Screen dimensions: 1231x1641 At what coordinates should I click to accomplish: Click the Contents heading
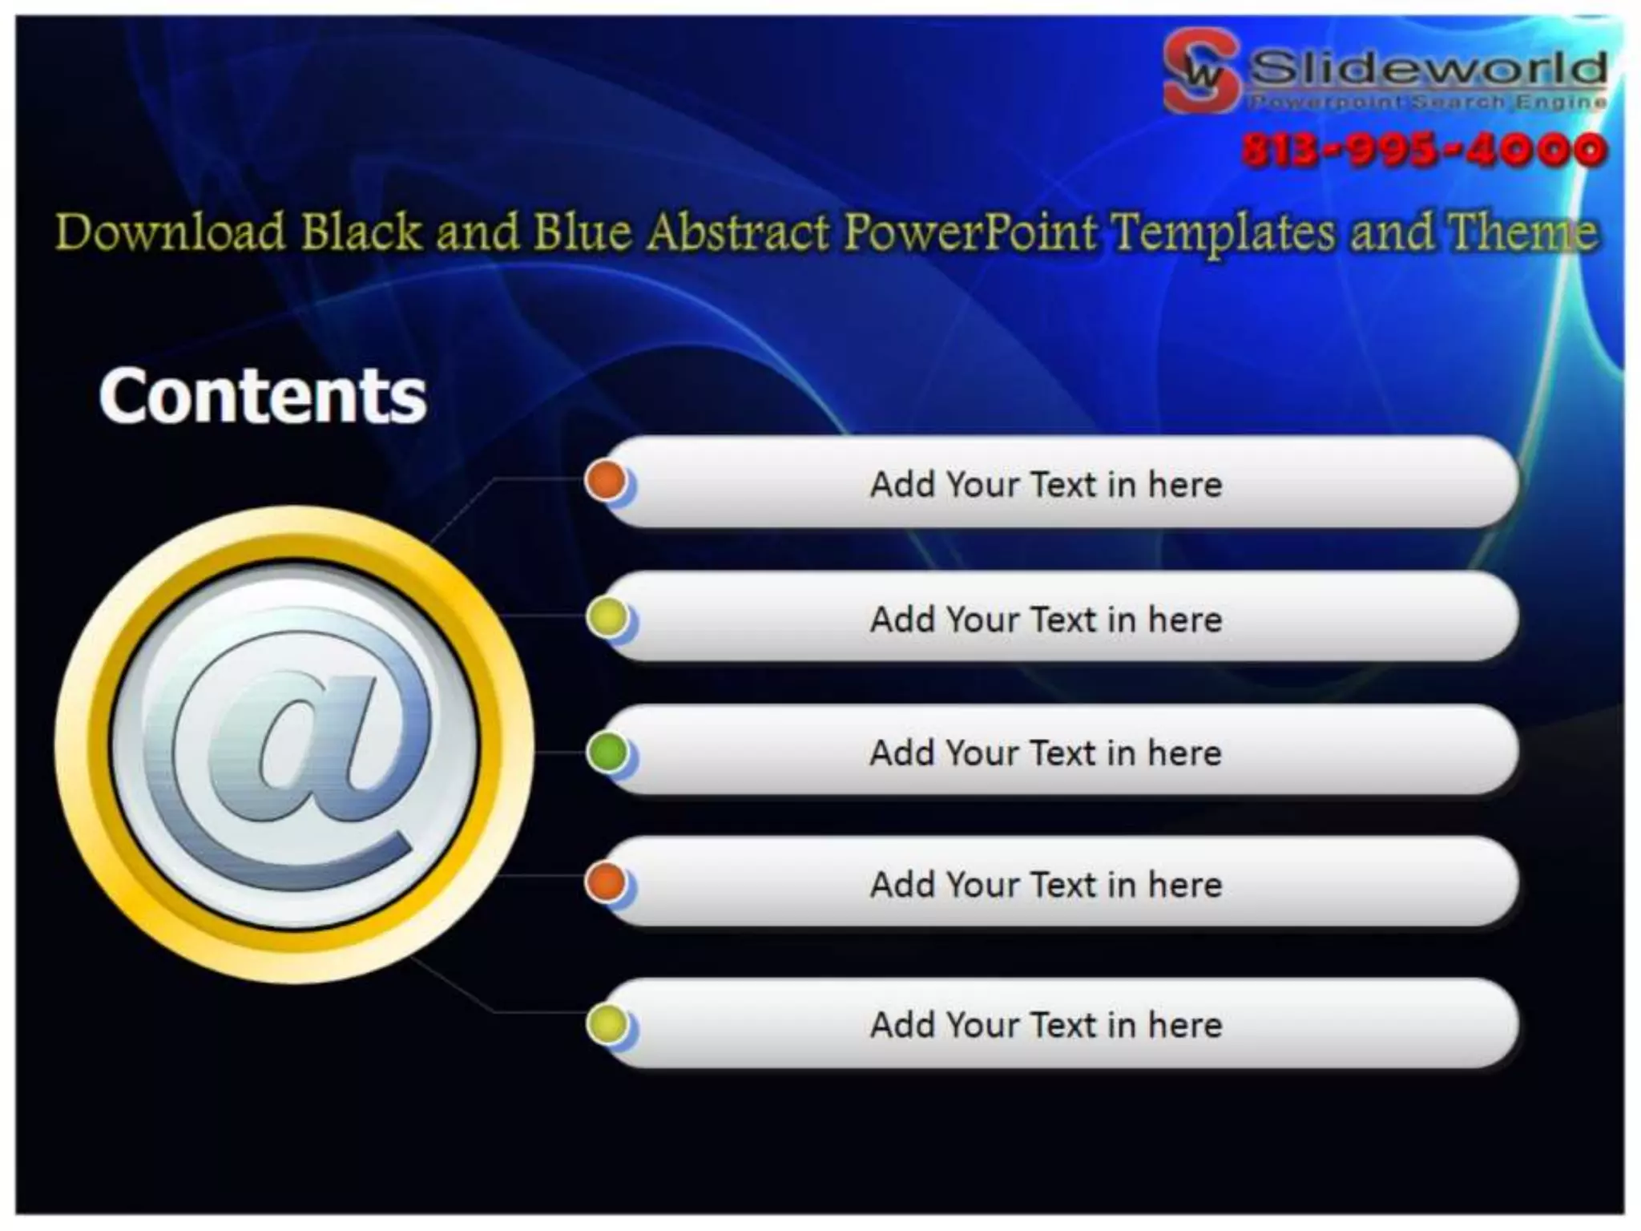(x=263, y=395)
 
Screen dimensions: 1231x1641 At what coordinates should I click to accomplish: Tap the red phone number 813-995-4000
(x=1424, y=150)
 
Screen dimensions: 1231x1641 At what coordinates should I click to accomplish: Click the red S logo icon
(x=1200, y=71)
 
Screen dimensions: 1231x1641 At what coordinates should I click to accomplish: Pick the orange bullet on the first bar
(x=606, y=480)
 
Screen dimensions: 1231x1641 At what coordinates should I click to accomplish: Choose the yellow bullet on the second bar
(x=607, y=617)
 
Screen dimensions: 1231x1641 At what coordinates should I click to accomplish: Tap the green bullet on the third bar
(x=607, y=752)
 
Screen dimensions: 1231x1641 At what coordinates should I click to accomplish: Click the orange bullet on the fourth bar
(x=606, y=883)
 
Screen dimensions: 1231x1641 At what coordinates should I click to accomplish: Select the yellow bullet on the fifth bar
(x=607, y=1023)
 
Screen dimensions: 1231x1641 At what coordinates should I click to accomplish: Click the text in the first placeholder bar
(x=1046, y=484)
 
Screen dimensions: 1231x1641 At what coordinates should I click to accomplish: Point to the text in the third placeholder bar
(x=1046, y=753)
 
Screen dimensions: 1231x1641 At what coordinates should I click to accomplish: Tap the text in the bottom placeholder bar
(x=1046, y=1024)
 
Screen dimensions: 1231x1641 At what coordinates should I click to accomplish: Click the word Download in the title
(x=170, y=232)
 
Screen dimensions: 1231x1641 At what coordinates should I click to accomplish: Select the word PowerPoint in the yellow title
(x=970, y=232)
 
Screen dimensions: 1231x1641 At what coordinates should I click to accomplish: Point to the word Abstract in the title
(x=738, y=232)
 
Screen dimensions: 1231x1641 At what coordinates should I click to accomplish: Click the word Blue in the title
(x=583, y=232)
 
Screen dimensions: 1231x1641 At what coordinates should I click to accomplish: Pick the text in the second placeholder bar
(x=1046, y=620)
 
